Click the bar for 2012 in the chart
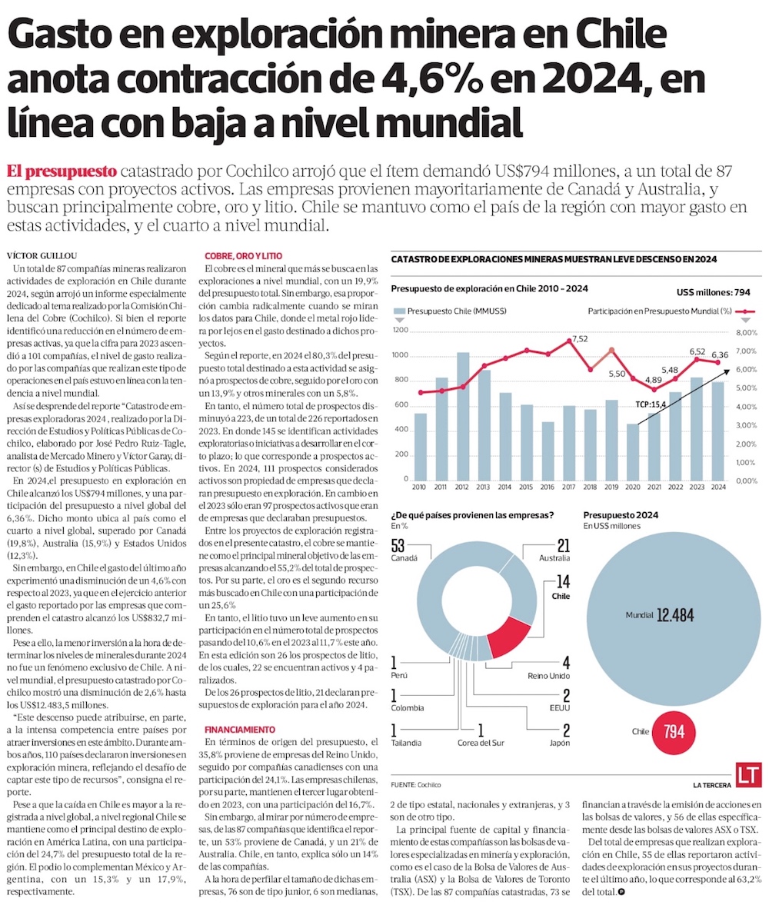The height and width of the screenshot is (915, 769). tap(462, 416)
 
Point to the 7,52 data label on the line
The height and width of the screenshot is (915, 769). tap(580, 338)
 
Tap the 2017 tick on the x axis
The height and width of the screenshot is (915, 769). tap(568, 487)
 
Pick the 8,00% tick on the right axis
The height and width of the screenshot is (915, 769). tap(746, 332)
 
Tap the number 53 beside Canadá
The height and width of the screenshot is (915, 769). tap(398, 546)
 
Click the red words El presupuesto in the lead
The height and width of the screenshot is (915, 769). tap(61, 170)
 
